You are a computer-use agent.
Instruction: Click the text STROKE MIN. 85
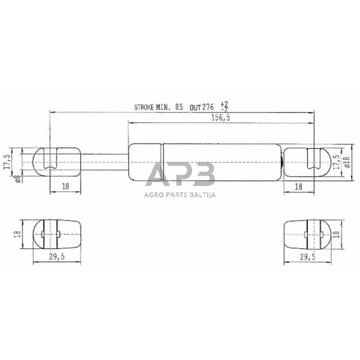click(x=158, y=107)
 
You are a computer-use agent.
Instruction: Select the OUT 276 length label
click(x=202, y=107)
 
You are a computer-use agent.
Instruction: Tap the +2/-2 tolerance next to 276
click(x=224, y=107)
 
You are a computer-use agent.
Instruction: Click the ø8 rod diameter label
click(x=18, y=176)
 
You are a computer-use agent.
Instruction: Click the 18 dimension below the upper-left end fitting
click(x=65, y=187)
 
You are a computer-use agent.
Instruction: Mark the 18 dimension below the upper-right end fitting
click(x=298, y=187)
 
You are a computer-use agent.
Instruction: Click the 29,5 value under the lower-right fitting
click(x=305, y=257)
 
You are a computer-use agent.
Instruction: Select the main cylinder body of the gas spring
click(x=204, y=161)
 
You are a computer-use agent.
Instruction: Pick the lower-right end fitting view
click(x=305, y=233)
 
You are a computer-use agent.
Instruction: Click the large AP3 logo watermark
click(x=180, y=174)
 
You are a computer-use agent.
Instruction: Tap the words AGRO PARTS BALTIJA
click(x=180, y=194)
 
